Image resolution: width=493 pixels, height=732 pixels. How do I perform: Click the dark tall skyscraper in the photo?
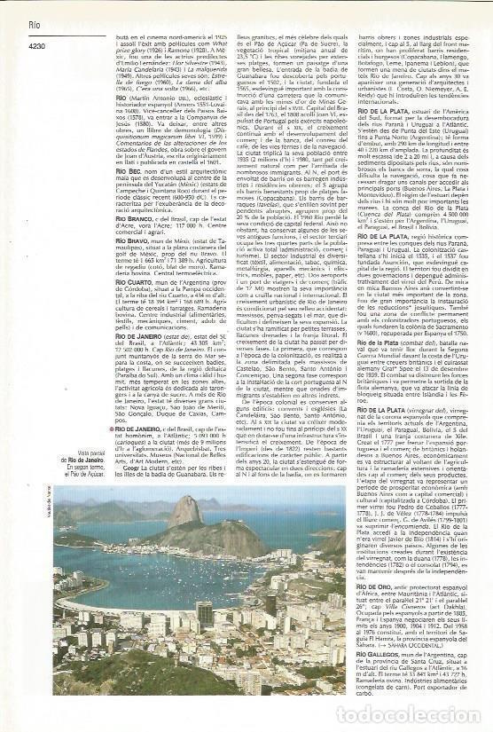205,615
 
